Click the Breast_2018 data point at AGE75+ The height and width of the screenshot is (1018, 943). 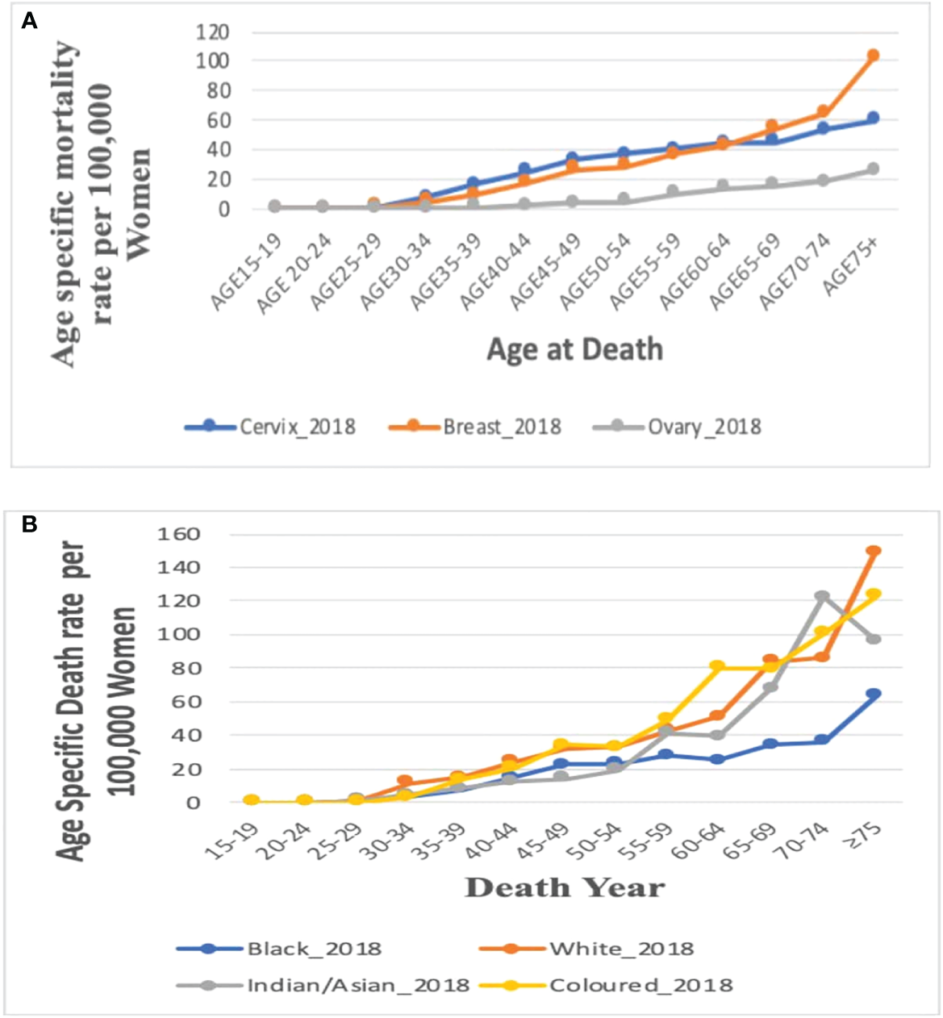(x=873, y=56)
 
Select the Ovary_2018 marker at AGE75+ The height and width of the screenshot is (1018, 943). (x=873, y=169)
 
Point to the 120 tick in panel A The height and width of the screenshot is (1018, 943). (x=213, y=32)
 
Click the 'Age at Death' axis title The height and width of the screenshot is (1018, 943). (x=574, y=349)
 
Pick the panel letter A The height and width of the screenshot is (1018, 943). (x=29, y=21)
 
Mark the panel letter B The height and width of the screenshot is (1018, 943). (x=29, y=525)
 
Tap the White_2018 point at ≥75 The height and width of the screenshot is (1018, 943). (x=873, y=552)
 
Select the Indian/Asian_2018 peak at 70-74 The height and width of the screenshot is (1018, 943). (x=822, y=597)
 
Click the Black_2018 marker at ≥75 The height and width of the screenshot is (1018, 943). (x=873, y=694)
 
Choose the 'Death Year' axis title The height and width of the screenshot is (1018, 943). (x=565, y=888)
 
